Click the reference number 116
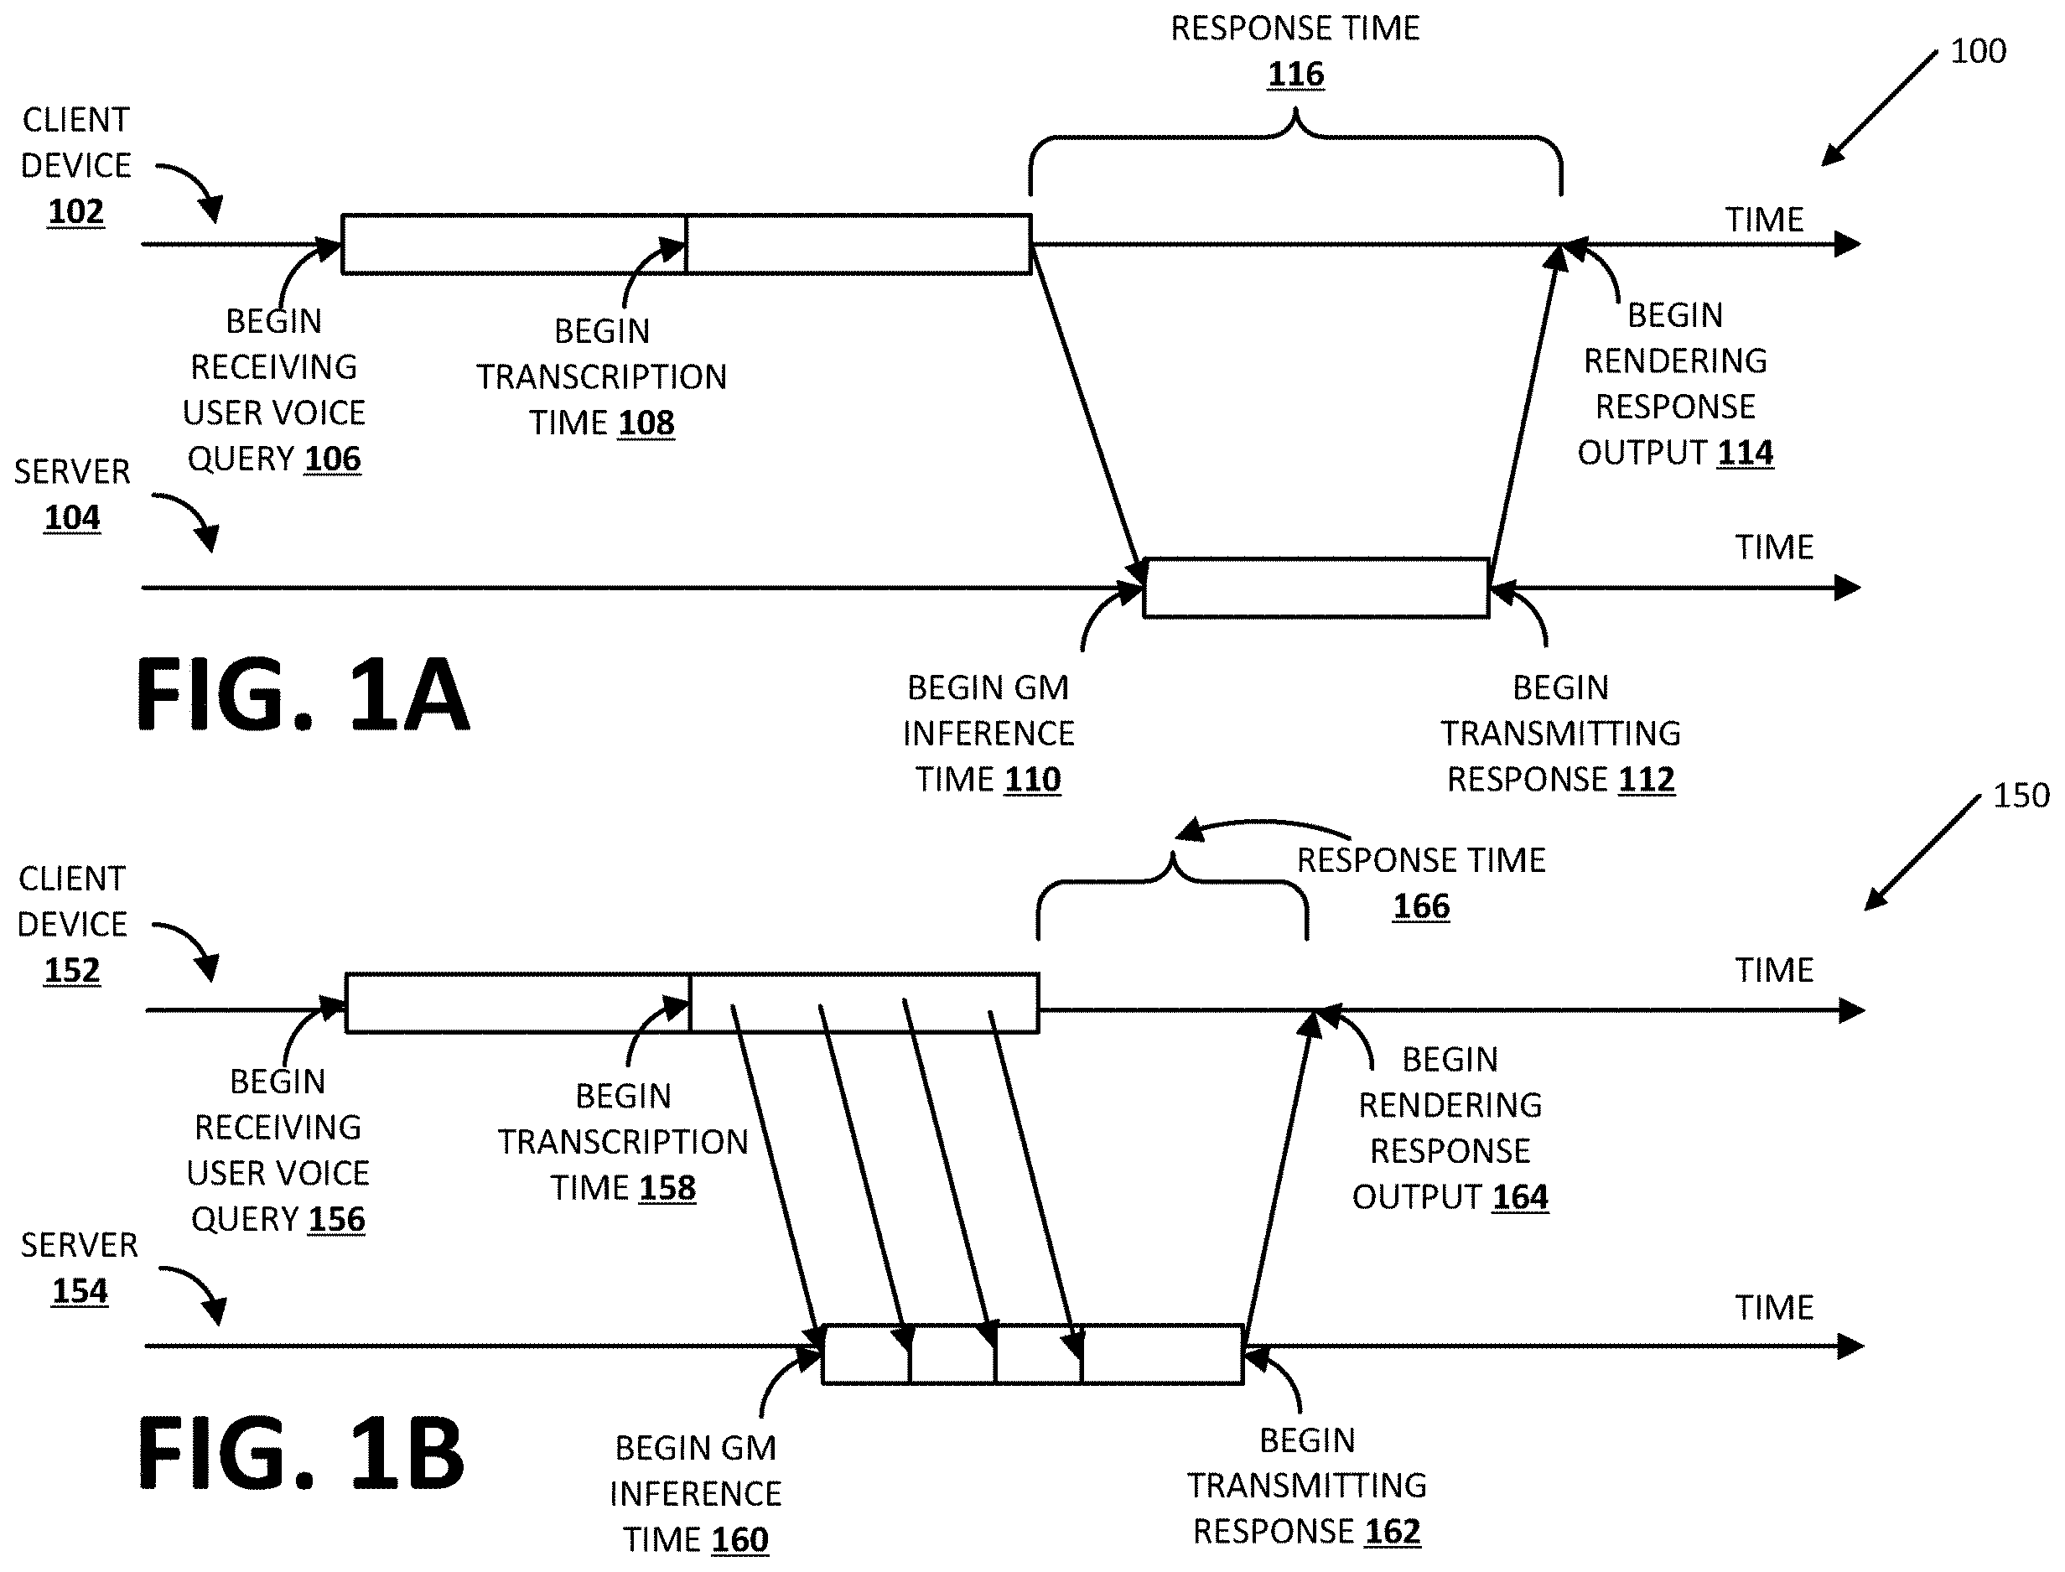pyautogui.click(x=1295, y=74)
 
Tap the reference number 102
pyautogui.click(x=75, y=211)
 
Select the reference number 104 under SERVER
pyautogui.click(x=72, y=517)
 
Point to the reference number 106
pyautogui.click(x=332, y=459)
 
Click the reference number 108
pyautogui.click(x=646, y=423)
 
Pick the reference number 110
pyautogui.click(x=1032, y=780)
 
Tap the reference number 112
pyautogui.click(x=1646, y=780)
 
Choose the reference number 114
pyautogui.click(x=1745, y=453)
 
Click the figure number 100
pyautogui.click(x=1978, y=50)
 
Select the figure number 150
pyautogui.click(x=2021, y=796)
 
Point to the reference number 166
pyautogui.click(x=1421, y=905)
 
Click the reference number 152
pyautogui.click(x=72, y=970)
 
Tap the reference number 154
pyautogui.click(x=80, y=1291)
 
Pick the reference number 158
pyautogui.click(x=667, y=1188)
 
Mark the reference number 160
pyautogui.click(x=739, y=1539)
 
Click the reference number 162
pyautogui.click(x=1393, y=1532)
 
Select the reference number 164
pyautogui.click(x=1520, y=1196)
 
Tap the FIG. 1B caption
pyautogui.click(x=301, y=1455)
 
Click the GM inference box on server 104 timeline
pyautogui.click(x=1316, y=588)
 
